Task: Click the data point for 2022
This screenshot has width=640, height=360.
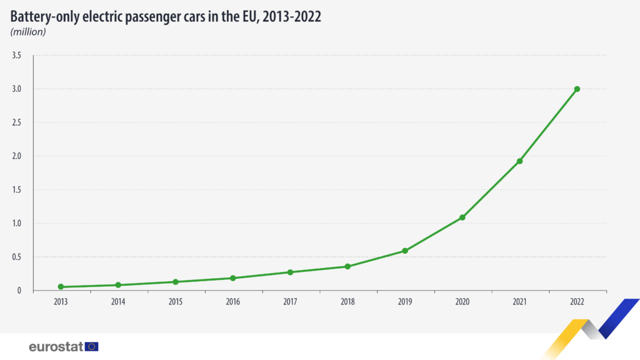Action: coord(577,89)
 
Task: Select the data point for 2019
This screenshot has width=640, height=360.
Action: coord(405,251)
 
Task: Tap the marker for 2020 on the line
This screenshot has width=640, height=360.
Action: coord(462,217)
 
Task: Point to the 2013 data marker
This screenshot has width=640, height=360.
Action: coord(61,287)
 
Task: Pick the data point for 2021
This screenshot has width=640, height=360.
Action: coord(519,161)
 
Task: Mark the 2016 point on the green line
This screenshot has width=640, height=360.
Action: coord(232,278)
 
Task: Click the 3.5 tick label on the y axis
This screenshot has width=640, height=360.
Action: coord(17,56)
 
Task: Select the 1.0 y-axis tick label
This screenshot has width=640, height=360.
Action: coord(17,223)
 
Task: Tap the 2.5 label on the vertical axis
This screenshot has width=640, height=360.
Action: coord(17,122)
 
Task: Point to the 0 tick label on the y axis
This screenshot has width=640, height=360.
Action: coord(19,291)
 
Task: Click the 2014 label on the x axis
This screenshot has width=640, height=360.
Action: coord(118,302)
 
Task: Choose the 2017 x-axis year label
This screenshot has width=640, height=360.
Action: coord(290,302)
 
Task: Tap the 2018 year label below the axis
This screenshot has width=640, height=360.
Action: coord(347,302)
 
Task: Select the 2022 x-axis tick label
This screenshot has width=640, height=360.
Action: coord(577,302)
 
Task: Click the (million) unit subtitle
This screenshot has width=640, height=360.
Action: coord(28,32)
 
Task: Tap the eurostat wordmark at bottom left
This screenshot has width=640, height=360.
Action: coord(56,346)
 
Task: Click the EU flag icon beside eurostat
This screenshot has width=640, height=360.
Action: coord(92,346)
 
